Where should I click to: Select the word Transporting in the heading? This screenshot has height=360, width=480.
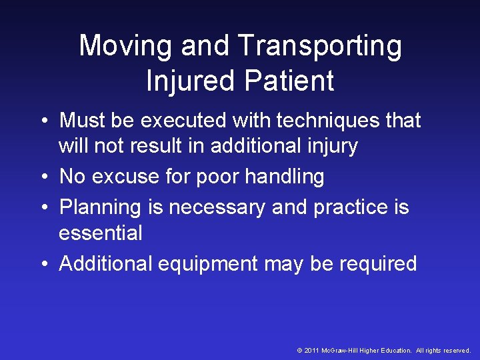319,47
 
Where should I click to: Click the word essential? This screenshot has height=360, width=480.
101,233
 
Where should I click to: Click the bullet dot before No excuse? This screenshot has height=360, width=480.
43,177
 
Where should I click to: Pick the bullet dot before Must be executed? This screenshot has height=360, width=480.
43,121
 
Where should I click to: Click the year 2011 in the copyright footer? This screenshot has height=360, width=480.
311,351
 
